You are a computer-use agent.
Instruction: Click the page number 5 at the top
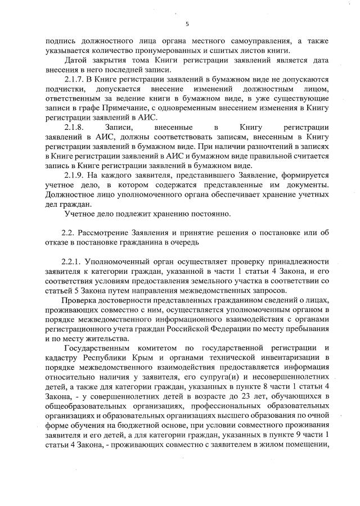186,23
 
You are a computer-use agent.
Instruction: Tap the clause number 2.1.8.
76,128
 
